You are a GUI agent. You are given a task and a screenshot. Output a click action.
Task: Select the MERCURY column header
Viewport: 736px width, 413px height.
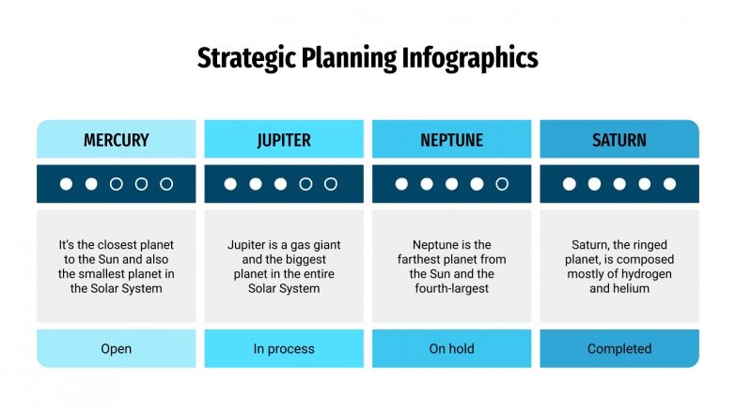click(117, 140)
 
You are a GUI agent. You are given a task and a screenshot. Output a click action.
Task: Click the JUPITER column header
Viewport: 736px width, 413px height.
click(284, 140)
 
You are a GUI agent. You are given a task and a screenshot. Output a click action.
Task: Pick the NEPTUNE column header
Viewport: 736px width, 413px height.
click(451, 140)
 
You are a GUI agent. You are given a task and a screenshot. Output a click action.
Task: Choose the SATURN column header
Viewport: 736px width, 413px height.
click(619, 140)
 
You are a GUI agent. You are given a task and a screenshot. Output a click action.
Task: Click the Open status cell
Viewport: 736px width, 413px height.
click(117, 349)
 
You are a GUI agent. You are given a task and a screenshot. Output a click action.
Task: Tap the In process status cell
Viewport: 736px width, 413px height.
click(284, 349)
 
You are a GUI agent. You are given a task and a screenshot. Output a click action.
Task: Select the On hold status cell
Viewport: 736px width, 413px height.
click(451, 349)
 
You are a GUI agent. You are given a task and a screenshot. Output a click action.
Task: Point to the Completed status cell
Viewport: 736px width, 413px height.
click(619, 349)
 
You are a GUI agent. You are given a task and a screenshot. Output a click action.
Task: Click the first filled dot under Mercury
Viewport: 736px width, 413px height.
click(67, 184)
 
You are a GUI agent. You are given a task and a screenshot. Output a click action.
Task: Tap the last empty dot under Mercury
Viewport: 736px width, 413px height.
click(166, 184)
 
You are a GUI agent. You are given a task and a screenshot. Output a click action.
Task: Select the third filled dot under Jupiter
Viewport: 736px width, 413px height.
click(280, 184)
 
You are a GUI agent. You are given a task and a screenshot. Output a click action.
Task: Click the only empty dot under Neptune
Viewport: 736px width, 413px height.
click(502, 184)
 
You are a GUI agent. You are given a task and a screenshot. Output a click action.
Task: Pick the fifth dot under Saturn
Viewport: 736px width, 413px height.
click(669, 184)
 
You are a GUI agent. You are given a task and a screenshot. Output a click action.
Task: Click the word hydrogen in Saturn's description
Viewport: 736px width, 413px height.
click(646, 274)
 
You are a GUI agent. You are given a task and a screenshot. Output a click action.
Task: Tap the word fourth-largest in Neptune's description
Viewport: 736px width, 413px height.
click(451, 288)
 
